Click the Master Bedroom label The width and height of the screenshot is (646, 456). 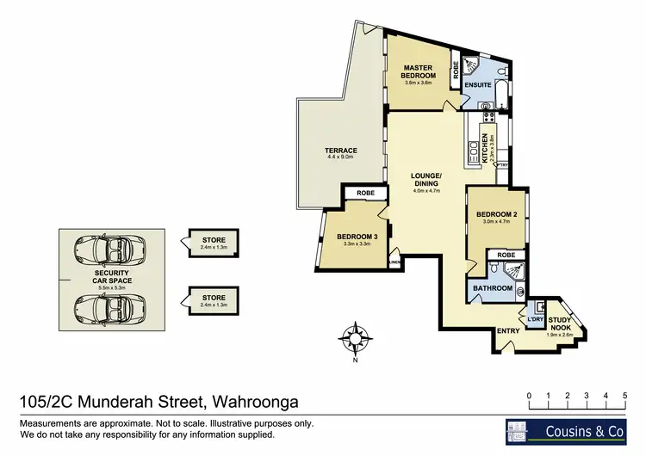pyautogui.click(x=418, y=72)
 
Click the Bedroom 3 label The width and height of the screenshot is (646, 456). pyautogui.click(x=357, y=237)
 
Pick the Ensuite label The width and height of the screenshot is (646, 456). pyautogui.click(x=477, y=86)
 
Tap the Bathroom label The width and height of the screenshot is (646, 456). pyautogui.click(x=494, y=288)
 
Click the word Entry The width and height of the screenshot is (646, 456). pyautogui.click(x=508, y=330)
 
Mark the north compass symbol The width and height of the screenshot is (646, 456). pyautogui.click(x=354, y=336)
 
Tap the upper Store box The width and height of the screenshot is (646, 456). pyautogui.click(x=214, y=243)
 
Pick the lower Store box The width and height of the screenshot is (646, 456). pyautogui.click(x=214, y=300)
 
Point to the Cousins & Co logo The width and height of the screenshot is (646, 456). pyautogui.click(x=568, y=430)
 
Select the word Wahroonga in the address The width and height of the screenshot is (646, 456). pyautogui.click(x=255, y=400)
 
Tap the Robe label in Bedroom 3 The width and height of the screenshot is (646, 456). pyautogui.click(x=364, y=194)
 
